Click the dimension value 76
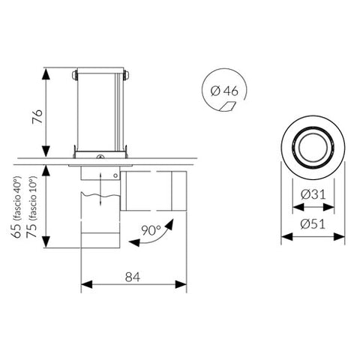coord(36,115)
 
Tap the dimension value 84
coord(133,277)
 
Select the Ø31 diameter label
coord(312,194)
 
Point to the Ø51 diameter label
coord(312,224)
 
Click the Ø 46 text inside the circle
coord(225,91)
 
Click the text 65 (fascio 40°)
coord(16,207)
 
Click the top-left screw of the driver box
coord(74,74)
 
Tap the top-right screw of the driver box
coord(124,74)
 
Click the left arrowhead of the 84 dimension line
coord(84,286)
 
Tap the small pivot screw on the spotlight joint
coord(114,176)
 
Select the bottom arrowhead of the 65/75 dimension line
coord(47,244)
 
